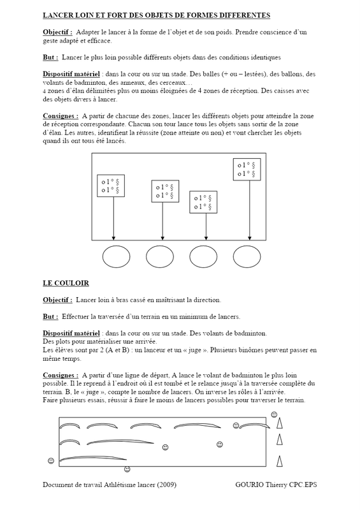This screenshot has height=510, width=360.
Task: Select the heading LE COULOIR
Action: [66, 283]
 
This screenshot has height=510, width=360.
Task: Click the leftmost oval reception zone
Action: [116, 257]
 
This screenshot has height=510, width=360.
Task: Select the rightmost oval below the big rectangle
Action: [247, 257]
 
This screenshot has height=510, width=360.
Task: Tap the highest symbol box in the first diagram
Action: [247, 169]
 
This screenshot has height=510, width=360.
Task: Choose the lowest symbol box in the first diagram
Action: [203, 202]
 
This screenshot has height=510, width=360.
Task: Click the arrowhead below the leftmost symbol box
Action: [113, 238]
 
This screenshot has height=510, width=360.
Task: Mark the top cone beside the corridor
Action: [279, 423]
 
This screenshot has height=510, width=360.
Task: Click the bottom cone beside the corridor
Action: [279, 461]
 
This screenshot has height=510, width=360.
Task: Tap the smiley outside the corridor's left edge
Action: [51, 460]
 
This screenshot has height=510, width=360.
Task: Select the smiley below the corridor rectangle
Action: [127, 469]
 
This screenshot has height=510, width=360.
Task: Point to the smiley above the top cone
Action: [274, 414]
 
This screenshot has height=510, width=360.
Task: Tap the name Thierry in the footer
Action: [276, 484]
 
